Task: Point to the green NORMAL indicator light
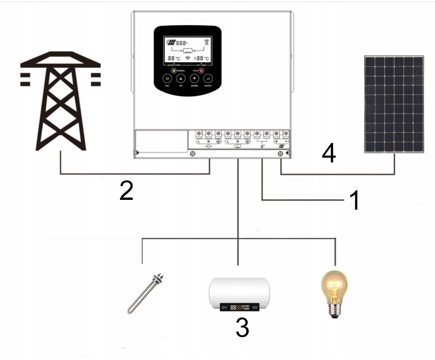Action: pyautogui.click(x=174, y=71)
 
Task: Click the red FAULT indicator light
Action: pyautogui.click(x=202, y=71)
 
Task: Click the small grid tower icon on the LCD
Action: pyautogui.click(x=206, y=43)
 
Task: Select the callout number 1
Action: pyautogui.click(x=354, y=200)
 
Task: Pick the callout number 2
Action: pyautogui.click(x=126, y=191)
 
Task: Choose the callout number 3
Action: pyautogui.click(x=242, y=327)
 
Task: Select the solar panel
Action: pyautogui.click(x=394, y=104)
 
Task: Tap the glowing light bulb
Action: pyautogui.click(x=334, y=287)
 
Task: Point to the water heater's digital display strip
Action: pyautogui.click(x=239, y=307)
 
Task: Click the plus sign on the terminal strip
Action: pyautogui.click(x=277, y=141)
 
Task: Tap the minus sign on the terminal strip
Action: pyautogui.click(x=286, y=141)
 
